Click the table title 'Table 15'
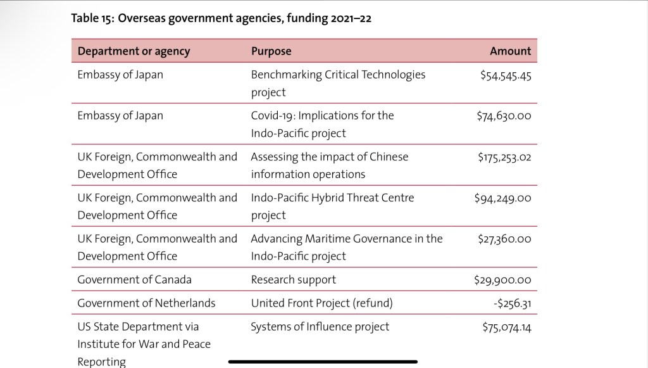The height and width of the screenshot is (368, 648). (x=221, y=18)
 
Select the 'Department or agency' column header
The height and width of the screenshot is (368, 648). (x=134, y=51)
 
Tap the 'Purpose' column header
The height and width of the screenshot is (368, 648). (x=271, y=51)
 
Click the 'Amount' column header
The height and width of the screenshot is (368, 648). (x=510, y=51)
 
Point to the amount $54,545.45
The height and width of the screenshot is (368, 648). (x=505, y=75)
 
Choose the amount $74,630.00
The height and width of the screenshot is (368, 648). (x=504, y=117)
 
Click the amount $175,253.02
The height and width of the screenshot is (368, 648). (x=504, y=158)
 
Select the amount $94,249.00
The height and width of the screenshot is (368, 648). (x=502, y=199)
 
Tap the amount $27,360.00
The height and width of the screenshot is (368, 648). (x=504, y=240)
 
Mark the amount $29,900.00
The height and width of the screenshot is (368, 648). (x=502, y=280)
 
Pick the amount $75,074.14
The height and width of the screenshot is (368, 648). (x=506, y=327)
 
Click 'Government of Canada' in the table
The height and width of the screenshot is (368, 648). (x=134, y=279)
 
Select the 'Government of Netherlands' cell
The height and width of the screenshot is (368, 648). (x=146, y=303)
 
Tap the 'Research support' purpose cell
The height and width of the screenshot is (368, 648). (x=293, y=279)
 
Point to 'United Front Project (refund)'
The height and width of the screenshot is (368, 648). (x=321, y=303)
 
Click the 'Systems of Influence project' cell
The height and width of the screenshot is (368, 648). (x=320, y=327)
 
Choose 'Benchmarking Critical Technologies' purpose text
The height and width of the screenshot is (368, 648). (x=338, y=75)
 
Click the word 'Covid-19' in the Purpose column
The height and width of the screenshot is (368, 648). (x=272, y=116)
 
